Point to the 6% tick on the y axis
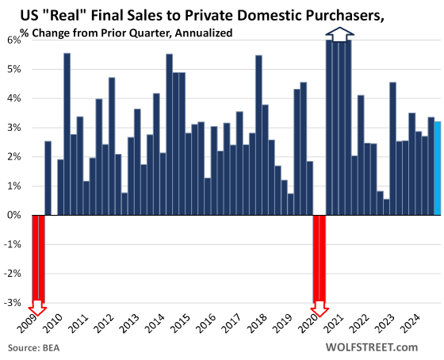click(16, 40)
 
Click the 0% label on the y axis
click(16, 215)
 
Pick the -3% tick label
click(14, 302)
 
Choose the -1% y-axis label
click(14, 244)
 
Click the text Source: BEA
click(33, 348)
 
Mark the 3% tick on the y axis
click(16, 128)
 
